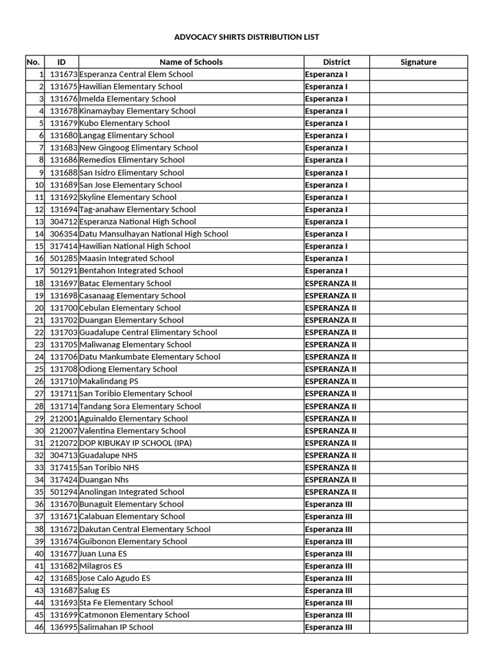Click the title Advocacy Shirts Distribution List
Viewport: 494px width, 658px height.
tap(246, 37)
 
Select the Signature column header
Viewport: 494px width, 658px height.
tap(418, 62)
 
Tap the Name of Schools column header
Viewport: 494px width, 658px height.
tap(191, 62)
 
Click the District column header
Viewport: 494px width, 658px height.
tap(336, 62)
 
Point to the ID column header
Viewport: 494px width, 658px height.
tap(61, 62)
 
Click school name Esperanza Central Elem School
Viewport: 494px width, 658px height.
tap(136, 75)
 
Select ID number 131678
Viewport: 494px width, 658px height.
tap(64, 111)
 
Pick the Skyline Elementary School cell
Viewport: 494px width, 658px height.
tap(127, 197)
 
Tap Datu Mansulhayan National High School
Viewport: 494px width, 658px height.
tap(153, 234)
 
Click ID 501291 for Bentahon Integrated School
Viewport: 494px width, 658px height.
tap(64, 271)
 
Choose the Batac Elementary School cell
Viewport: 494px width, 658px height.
tap(125, 283)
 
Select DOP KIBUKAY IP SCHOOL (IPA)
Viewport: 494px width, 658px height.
tap(135, 443)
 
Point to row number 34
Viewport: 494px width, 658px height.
tap(39, 480)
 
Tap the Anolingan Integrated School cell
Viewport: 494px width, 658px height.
tap(131, 492)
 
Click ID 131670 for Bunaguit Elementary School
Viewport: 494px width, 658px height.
tap(64, 504)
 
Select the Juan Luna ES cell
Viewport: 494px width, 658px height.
tap(103, 554)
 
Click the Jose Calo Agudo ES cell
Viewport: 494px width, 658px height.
tap(114, 578)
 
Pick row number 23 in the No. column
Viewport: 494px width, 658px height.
tap(39, 345)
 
